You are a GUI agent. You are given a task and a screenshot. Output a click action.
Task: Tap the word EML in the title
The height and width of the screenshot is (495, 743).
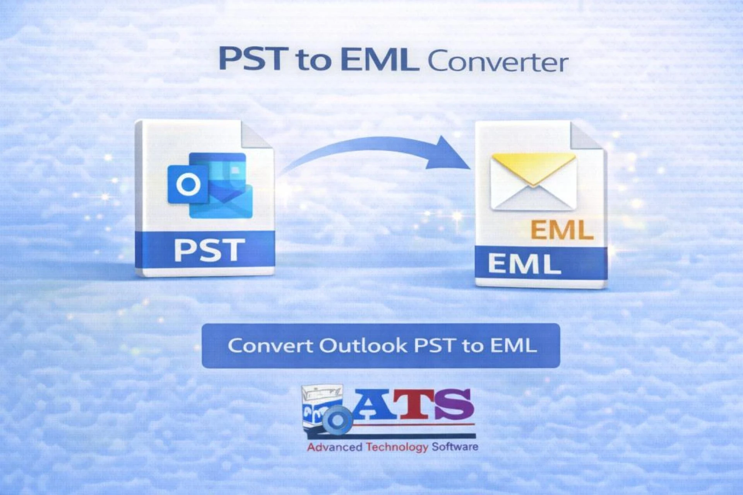(380, 60)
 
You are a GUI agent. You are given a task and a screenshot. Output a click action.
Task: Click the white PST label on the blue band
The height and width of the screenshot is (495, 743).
(209, 250)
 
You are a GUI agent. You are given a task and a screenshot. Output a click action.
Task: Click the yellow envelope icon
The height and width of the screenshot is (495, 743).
(533, 181)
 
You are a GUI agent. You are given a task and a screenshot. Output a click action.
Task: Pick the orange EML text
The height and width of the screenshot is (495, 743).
(562, 230)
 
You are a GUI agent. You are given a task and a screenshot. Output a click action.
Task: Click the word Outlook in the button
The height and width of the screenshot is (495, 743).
(363, 345)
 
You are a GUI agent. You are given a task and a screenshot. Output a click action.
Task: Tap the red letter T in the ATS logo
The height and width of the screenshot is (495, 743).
(416, 404)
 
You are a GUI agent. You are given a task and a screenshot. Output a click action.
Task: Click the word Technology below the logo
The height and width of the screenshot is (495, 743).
(397, 447)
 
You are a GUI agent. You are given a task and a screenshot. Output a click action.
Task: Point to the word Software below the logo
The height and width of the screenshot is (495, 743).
(455, 447)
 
